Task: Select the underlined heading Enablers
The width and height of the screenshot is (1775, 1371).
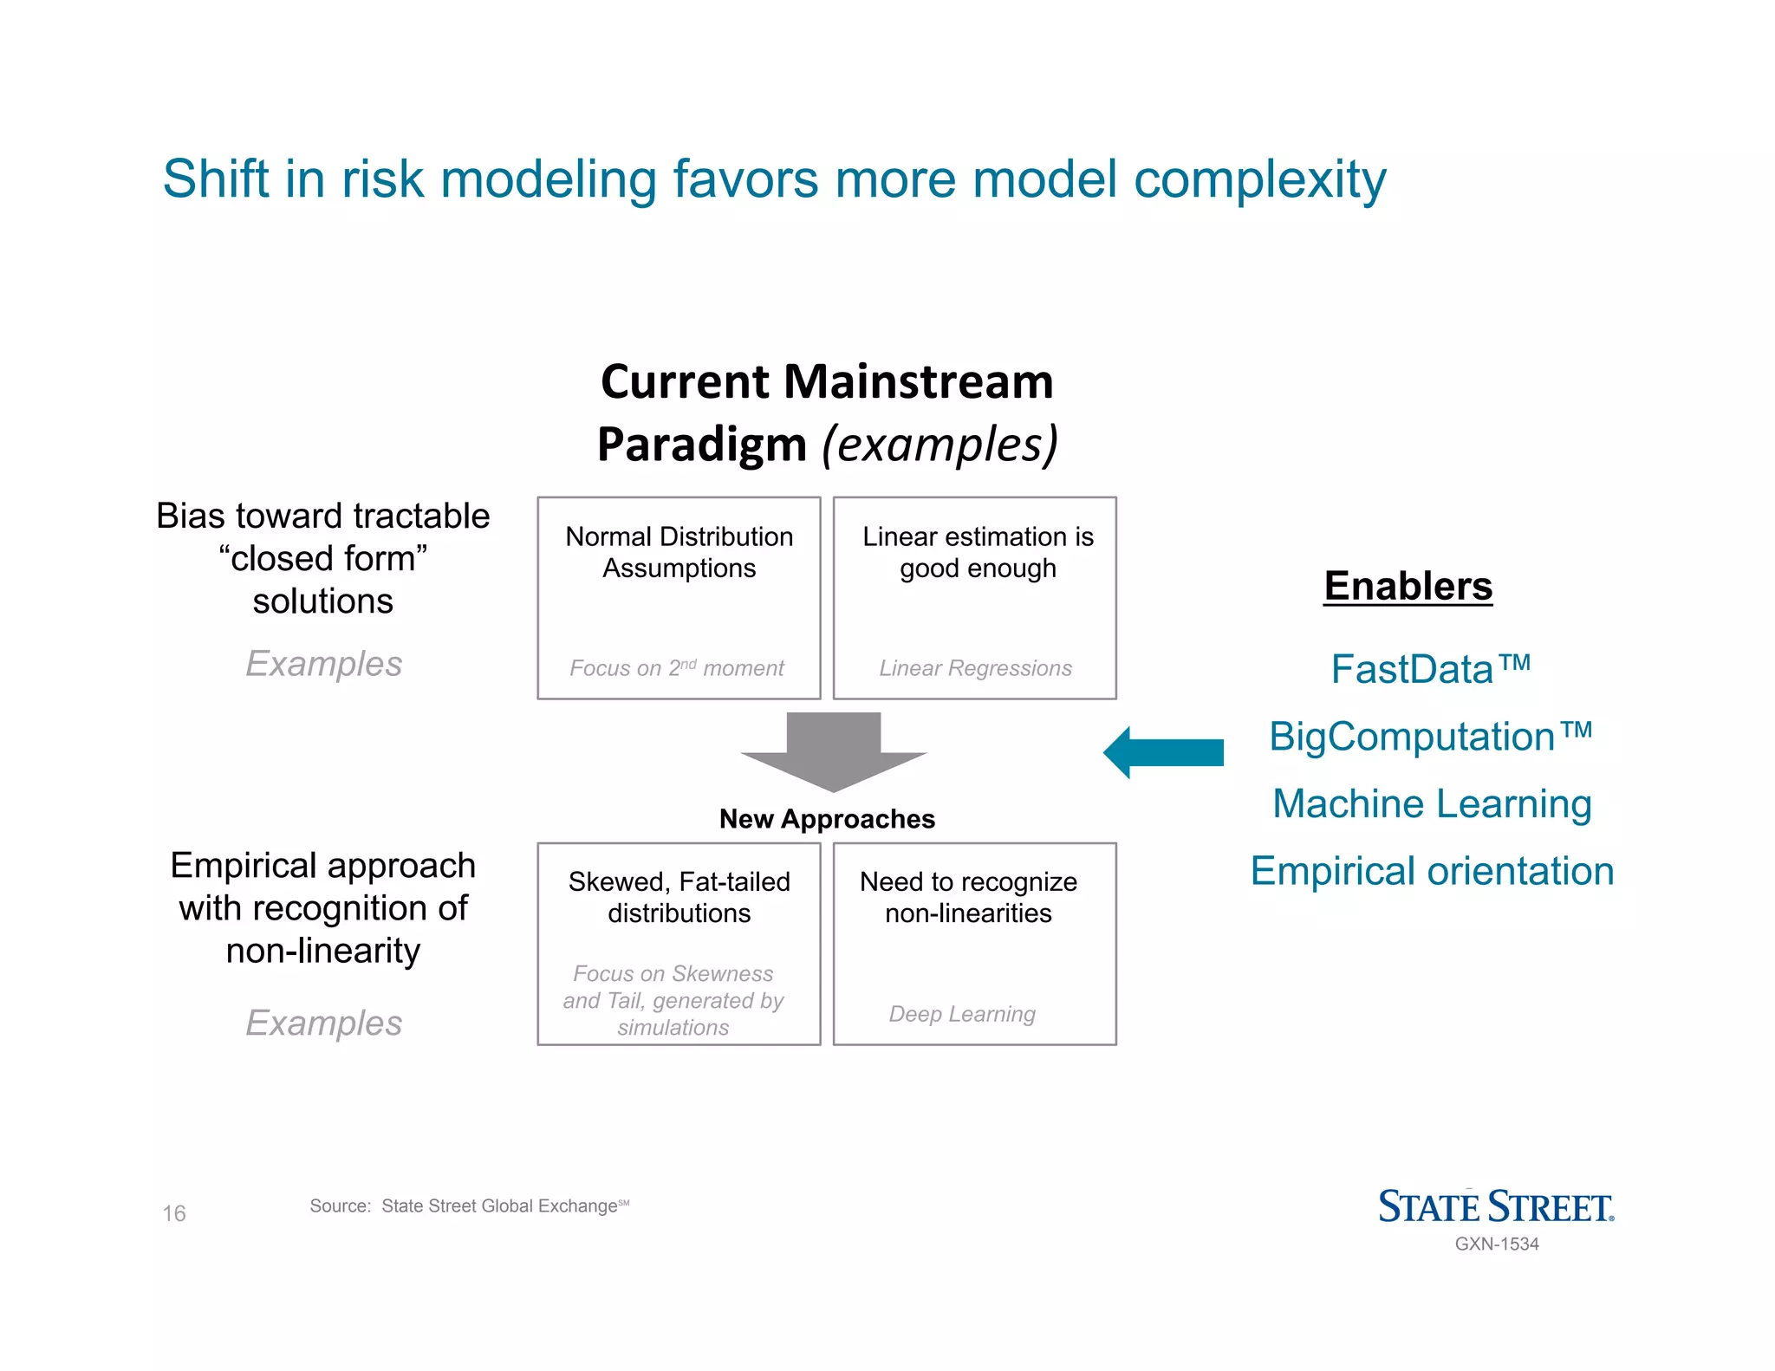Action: point(1408,586)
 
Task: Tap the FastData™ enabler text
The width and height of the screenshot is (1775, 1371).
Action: point(1430,669)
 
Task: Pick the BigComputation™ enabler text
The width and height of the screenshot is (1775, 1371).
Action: point(1430,737)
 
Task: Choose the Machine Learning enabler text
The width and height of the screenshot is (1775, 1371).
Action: point(1432,803)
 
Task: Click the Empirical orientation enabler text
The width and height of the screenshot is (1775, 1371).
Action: point(1432,871)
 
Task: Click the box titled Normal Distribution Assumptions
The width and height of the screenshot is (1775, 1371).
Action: point(679,598)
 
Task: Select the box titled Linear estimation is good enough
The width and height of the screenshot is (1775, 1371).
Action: point(974,598)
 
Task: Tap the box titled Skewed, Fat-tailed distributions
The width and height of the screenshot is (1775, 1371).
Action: point(679,944)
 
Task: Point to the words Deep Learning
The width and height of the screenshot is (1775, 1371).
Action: point(962,1014)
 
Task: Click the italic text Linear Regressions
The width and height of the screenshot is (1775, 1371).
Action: point(975,668)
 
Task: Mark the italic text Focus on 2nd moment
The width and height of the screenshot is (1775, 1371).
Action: point(676,668)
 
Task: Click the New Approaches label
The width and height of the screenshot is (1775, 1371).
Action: point(827,819)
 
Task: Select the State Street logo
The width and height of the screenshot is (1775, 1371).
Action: point(1496,1206)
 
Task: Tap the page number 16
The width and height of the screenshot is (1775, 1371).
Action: point(174,1213)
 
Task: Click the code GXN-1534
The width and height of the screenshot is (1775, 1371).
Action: point(1497,1244)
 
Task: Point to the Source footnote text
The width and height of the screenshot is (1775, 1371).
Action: point(468,1205)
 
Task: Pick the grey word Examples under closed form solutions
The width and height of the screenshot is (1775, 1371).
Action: point(323,664)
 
